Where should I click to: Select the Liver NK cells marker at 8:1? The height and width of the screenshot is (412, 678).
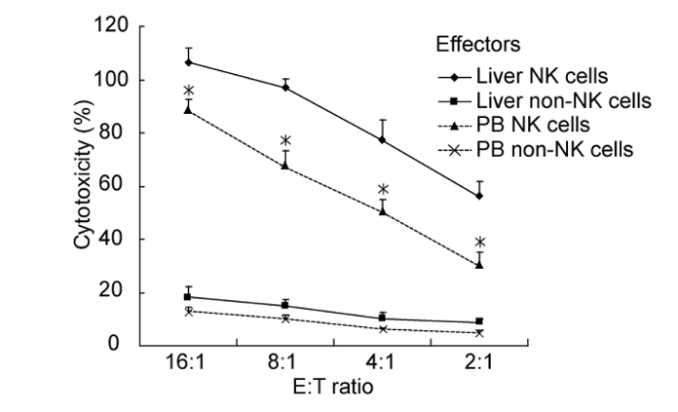[285, 87]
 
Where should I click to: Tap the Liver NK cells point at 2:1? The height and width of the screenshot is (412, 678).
[479, 196]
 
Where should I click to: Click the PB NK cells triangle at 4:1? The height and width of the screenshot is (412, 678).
[383, 210]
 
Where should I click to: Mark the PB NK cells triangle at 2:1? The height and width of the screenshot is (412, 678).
[479, 264]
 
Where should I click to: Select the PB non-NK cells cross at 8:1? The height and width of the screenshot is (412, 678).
[285, 318]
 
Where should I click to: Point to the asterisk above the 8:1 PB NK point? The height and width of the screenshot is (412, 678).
[285, 141]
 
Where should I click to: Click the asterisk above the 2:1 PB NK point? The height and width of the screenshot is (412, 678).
[479, 243]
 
